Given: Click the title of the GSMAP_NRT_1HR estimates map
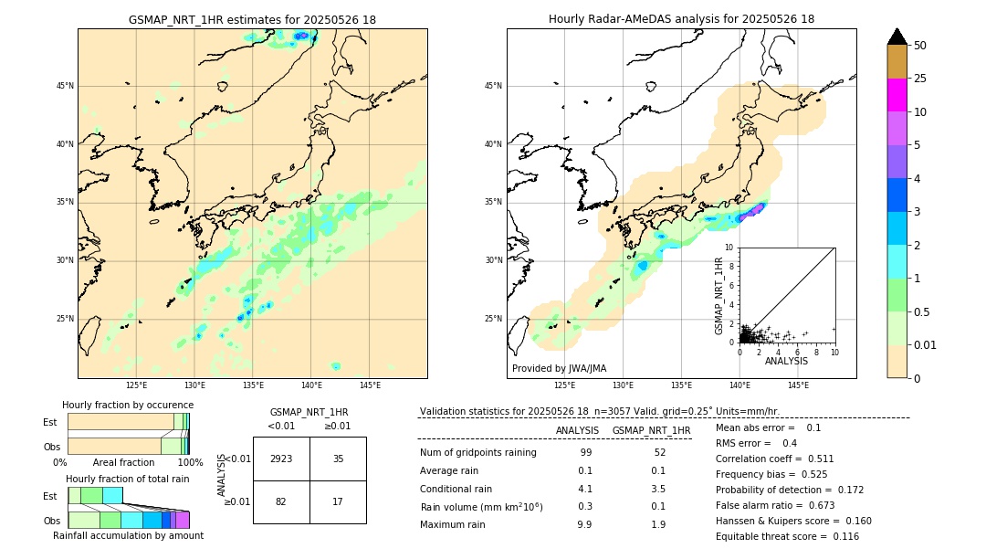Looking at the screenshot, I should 252,19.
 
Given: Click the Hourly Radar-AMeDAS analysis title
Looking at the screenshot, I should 681,19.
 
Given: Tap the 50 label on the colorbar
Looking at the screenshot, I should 920,45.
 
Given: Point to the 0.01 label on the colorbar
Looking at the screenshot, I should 926,344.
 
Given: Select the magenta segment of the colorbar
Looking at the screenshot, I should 897,95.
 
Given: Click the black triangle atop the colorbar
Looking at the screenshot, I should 897,37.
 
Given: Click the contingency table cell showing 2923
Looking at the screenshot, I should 281,459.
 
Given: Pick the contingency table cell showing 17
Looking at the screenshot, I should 338,501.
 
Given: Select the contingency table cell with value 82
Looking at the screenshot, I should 281,501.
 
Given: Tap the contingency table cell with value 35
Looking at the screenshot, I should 338,459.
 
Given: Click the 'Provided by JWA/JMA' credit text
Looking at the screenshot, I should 559,368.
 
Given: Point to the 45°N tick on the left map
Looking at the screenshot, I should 64,86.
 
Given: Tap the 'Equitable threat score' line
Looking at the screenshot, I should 787,536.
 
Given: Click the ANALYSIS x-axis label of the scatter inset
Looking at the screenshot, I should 786,361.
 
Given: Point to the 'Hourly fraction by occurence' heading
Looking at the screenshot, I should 128,405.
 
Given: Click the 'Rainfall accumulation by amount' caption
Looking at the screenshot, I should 128,535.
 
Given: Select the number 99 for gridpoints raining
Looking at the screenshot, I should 585,453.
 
